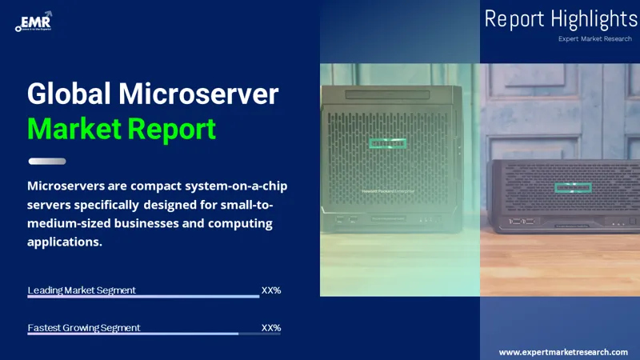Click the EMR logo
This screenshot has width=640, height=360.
pos(34,22)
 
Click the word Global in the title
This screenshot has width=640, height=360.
pos(69,94)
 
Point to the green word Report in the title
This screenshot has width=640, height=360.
pos(172,128)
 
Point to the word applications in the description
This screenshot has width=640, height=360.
pos(65,241)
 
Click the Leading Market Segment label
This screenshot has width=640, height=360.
pos(82,290)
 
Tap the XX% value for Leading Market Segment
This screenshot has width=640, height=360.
pos(271,290)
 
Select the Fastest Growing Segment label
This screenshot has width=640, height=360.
pos(84,327)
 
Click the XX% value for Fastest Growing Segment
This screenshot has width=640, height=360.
pos(271,327)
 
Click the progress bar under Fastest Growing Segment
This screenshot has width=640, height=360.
pos(133,334)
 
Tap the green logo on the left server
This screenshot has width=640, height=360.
pos(387,143)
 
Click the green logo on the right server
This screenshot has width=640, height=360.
pos(570,187)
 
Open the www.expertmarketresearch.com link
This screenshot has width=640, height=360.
pos(563,352)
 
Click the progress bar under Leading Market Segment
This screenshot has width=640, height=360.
pos(143,297)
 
